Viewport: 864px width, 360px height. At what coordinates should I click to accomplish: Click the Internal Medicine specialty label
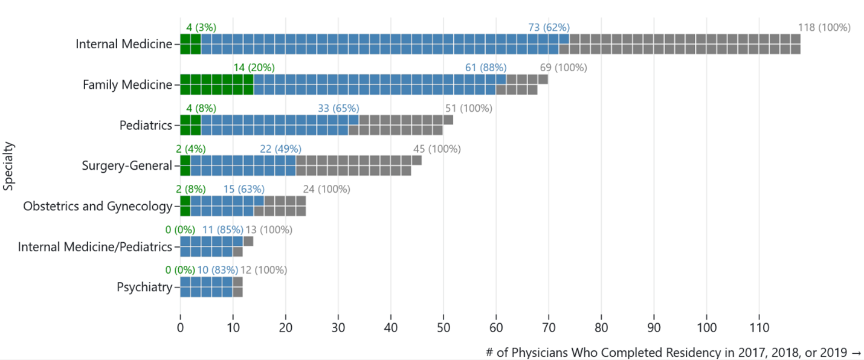(124, 44)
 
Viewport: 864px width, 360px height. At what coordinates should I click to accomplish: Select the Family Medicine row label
(127, 85)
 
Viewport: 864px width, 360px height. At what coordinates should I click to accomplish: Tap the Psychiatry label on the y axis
(144, 288)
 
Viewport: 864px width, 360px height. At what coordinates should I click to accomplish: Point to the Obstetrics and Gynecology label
(98, 207)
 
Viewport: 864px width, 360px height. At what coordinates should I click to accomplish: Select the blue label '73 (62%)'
(549, 27)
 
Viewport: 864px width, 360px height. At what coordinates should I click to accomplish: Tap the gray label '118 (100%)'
(824, 27)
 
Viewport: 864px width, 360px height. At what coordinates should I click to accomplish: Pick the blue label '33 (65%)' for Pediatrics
(338, 109)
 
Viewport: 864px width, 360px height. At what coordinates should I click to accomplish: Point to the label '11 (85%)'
(222, 230)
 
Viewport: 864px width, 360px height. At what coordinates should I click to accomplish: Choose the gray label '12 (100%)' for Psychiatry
(263, 270)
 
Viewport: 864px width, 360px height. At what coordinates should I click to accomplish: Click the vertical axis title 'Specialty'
(8, 166)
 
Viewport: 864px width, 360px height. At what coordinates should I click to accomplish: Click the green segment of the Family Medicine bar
(217, 85)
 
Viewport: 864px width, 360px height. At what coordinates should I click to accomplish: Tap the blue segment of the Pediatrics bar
(280, 125)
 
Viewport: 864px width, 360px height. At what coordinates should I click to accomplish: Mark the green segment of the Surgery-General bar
(185, 166)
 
